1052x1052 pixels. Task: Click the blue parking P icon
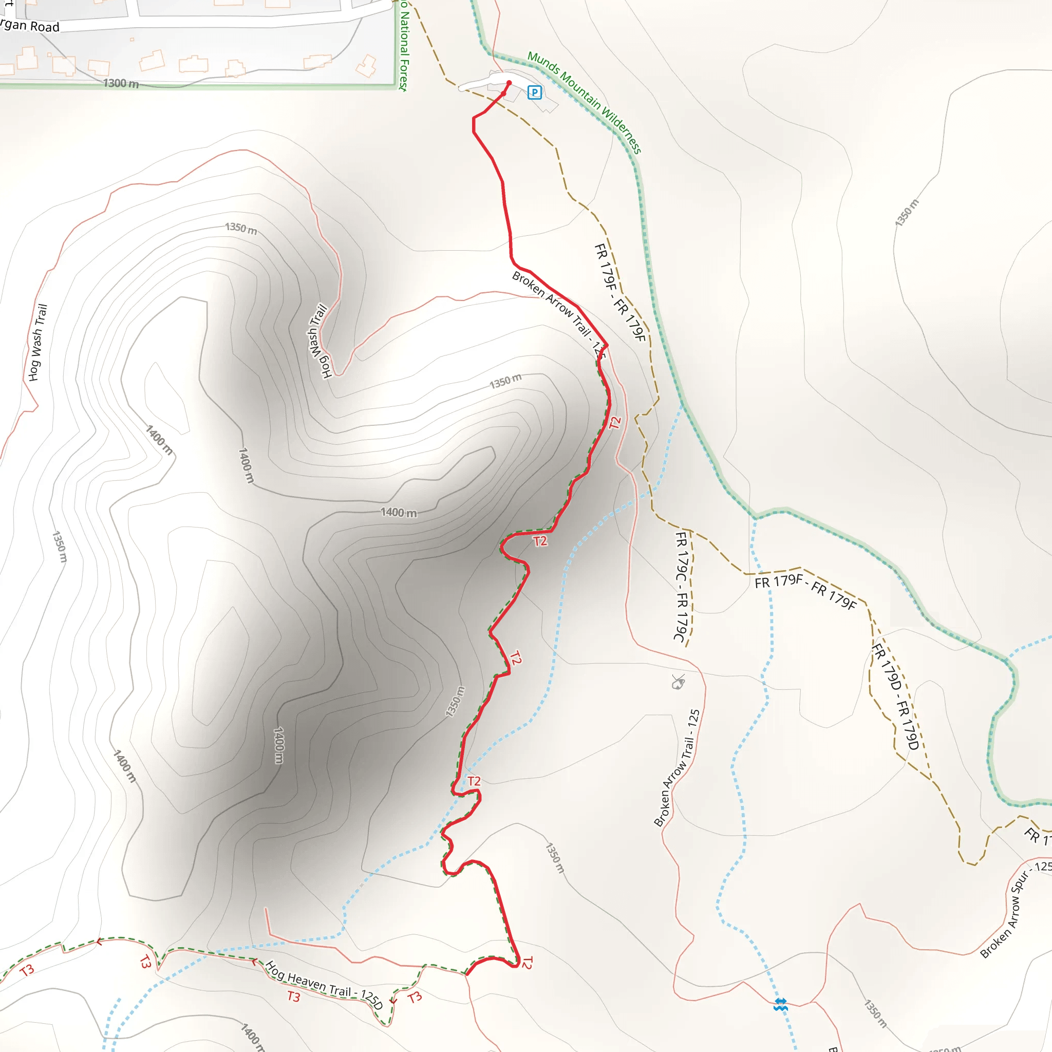535,92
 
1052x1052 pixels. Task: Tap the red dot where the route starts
509,83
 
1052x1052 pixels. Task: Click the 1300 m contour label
121,83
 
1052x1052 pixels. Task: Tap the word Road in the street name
45,26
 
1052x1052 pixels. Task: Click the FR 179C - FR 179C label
682,586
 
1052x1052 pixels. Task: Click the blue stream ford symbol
780,1005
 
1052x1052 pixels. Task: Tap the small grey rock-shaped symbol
679,682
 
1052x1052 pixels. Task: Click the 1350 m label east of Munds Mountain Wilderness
907,212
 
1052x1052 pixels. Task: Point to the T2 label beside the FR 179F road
615,423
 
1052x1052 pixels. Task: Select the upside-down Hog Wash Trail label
320,341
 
